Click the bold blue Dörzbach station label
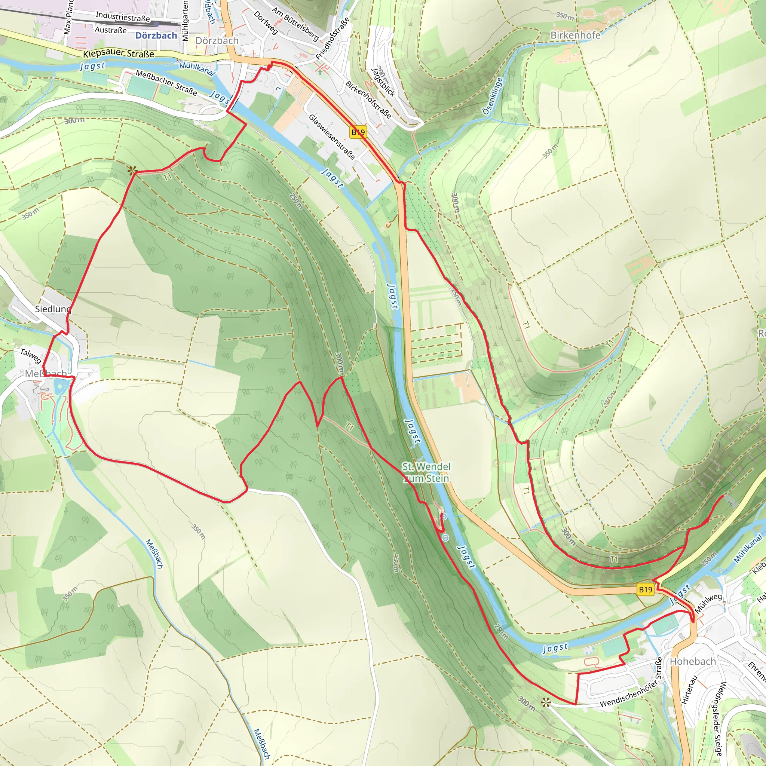[156, 36]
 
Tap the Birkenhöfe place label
[575, 35]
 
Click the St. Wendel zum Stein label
[426, 472]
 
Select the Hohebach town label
[693, 661]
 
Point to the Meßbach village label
[46, 374]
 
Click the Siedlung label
[53, 309]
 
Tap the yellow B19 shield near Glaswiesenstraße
[358, 132]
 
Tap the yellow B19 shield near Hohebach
[646, 589]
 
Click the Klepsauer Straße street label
[119, 53]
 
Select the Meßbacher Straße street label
[166, 82]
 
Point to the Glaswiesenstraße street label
[332, 137]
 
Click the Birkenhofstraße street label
[368, 100]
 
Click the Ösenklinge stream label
[493, 96]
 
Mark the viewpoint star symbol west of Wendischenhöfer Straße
[546, 703]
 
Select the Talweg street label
[31, 356]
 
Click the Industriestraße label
[123, 17]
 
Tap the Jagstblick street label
[383, 82]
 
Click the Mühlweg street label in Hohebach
[708, 603]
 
